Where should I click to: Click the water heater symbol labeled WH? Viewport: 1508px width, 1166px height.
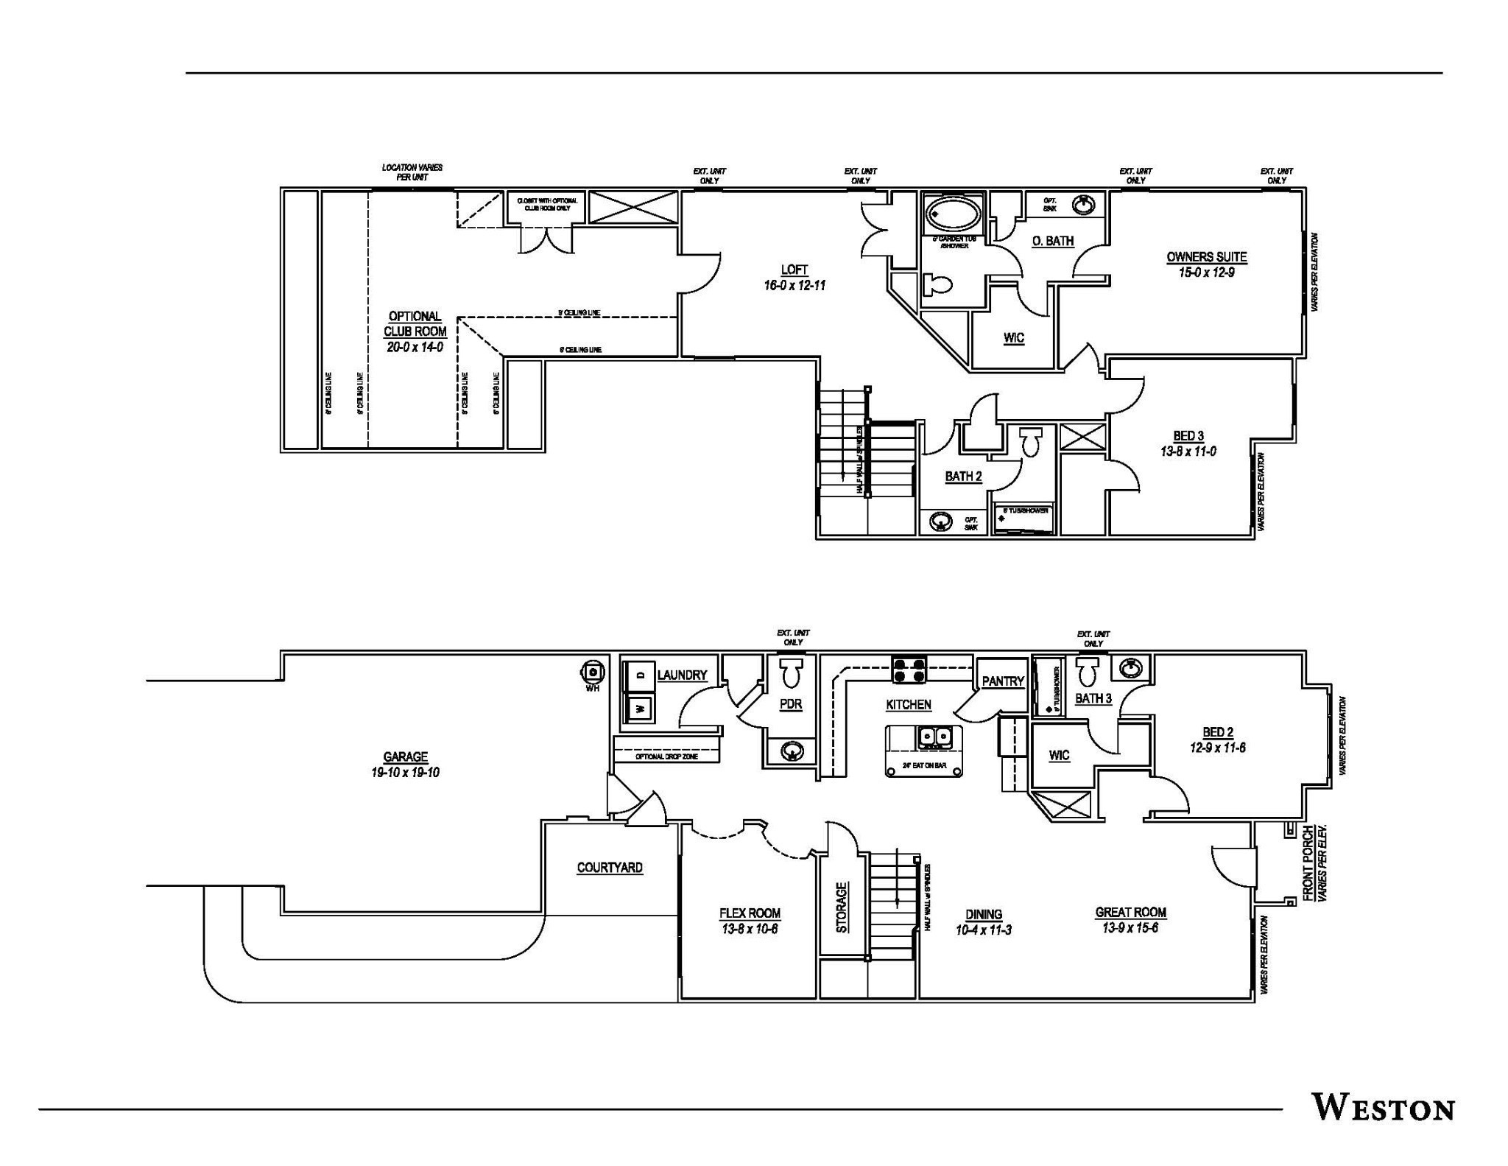593,672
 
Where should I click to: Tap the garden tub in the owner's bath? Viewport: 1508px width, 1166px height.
954,214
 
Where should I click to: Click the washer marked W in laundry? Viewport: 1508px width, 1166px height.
640,709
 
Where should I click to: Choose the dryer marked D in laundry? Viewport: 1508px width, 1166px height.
640,673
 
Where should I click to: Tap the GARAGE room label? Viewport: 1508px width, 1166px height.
405,756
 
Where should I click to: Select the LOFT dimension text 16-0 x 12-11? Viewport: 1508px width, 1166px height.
794,285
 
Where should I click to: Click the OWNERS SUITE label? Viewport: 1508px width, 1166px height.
1206,257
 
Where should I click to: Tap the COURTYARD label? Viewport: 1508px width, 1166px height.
610,868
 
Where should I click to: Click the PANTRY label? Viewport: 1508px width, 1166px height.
1003,681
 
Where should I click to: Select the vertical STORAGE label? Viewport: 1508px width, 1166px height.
842,907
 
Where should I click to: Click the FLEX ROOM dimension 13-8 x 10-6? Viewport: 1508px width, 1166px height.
750,929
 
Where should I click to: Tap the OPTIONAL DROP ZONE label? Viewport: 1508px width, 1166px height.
666,756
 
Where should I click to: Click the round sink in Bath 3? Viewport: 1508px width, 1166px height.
1131,669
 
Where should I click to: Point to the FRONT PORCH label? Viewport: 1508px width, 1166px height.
1308,863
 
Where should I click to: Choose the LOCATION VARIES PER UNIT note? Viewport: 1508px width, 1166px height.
412,172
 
